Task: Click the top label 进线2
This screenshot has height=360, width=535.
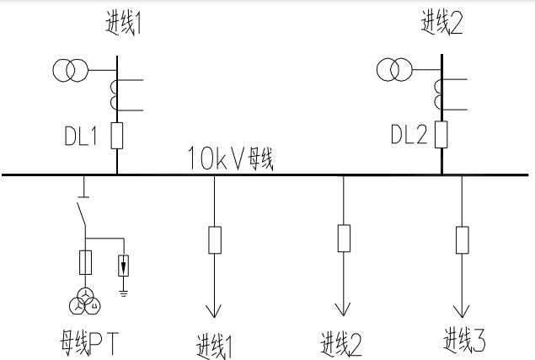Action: tap(443, 24)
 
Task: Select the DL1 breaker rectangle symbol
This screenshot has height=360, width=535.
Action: tap(117, 135)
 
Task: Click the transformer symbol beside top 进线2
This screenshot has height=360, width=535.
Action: tap(393, 70)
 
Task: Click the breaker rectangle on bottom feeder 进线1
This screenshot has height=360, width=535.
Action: tap(214, 240)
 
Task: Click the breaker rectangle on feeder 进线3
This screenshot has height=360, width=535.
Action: tap(461, 239)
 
